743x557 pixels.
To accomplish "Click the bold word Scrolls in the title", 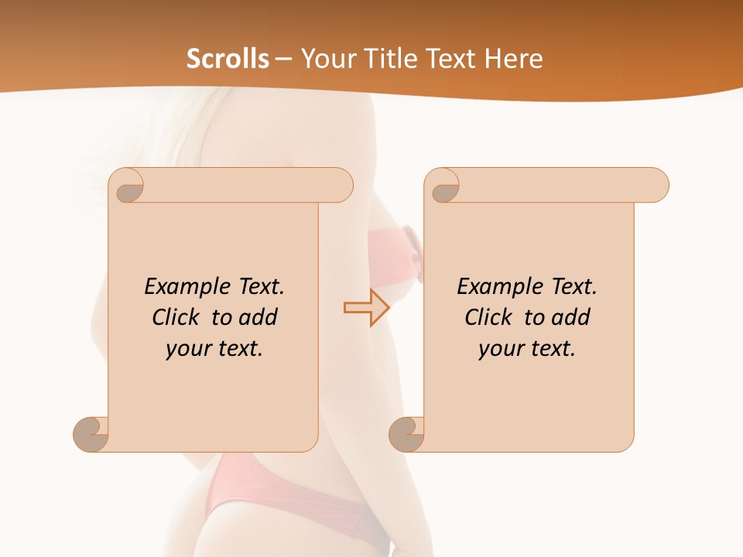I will [x=228, y=59].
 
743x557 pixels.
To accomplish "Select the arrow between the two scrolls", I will [x=366, y=308].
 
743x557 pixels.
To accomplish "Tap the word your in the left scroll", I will [x=188, y=349].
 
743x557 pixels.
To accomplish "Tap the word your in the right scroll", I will [x=501, y=349].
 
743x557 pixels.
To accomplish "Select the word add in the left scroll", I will [x=259, y=317].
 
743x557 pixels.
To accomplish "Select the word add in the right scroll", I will [x=572, y=317].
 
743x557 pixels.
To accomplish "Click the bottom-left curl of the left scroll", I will [x=91, y=434].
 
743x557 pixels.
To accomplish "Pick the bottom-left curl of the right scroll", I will [x=406, y=434].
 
